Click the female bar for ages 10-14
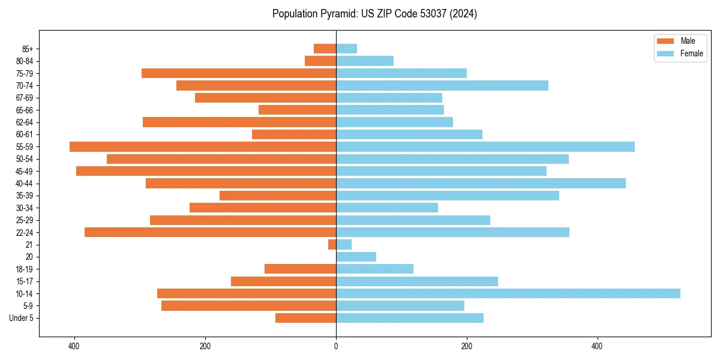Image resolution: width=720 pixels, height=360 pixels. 508,293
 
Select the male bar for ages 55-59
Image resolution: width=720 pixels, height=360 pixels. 203,146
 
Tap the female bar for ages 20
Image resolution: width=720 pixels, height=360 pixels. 356,257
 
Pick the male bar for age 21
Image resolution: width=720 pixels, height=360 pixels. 332,245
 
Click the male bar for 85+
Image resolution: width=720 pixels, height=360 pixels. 325,49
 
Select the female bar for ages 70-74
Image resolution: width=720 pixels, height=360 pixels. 442,85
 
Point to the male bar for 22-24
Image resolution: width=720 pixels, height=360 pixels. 210,232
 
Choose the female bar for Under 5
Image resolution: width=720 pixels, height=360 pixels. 409,318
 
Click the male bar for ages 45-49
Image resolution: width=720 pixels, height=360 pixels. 206,171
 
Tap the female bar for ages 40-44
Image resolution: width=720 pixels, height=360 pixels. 481,183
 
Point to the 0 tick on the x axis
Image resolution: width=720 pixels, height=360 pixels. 336,346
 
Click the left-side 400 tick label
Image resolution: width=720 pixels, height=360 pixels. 74,346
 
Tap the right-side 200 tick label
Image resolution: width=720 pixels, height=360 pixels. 466,346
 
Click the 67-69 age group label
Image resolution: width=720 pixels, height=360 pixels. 25,98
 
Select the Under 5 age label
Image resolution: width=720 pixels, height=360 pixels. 22,318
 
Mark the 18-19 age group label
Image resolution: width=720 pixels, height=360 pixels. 25,269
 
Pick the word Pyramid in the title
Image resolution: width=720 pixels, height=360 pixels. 338,14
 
